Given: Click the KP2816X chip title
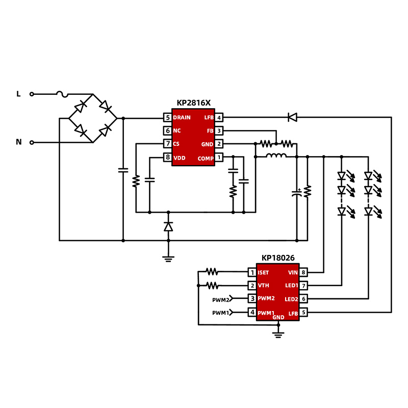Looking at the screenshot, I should pos(193,103).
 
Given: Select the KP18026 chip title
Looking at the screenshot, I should pos(278,258).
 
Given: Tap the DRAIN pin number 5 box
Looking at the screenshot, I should pos(167,118).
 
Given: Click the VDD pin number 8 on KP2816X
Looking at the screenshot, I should pos(167,158).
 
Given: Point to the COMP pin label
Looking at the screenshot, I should pos(206,158).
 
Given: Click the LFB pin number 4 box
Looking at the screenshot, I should pos(219,118).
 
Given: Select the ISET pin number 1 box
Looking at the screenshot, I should pos(252,272).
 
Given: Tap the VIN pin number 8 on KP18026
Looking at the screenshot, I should pos(303,272).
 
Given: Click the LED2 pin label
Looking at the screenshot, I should pos(291,299).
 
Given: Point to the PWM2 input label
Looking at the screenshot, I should pos(221,299).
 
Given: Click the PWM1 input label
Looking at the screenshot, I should pos(221,312).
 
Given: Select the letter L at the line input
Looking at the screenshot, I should pos(19,94).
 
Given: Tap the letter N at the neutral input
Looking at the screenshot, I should pos(19,142).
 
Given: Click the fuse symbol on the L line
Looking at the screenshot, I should pos(62,94).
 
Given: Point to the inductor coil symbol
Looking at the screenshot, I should pos(276,156).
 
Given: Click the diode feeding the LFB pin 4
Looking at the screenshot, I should pos(292,117).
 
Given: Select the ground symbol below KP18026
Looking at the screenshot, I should pos(278,334).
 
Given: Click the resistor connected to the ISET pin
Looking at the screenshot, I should pos(212,272).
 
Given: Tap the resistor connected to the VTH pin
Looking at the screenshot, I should pos(212,286).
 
